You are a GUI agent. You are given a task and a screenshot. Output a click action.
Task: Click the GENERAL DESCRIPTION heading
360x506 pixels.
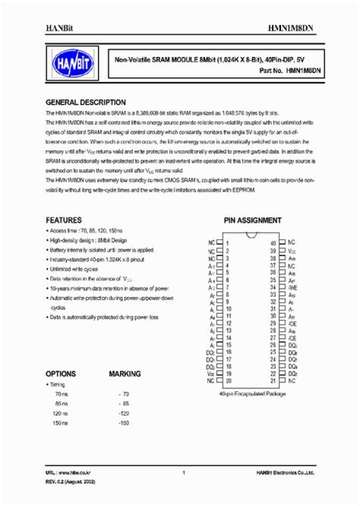85,102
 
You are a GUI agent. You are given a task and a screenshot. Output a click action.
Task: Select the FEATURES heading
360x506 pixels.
63,220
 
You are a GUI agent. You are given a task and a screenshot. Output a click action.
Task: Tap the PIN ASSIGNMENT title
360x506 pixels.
252,220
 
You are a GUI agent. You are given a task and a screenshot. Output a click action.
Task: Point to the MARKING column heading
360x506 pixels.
124,373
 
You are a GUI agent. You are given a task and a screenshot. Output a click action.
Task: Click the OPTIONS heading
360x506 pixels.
60,373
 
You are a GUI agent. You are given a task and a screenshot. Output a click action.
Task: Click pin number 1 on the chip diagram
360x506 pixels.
227,242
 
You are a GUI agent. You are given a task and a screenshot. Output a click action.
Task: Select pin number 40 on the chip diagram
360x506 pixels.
273,242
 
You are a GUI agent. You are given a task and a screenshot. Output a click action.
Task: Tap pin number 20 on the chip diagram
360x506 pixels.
228,380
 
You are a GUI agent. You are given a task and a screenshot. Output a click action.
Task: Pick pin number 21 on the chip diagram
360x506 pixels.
273,380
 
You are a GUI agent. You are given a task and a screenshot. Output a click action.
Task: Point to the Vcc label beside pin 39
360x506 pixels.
292,250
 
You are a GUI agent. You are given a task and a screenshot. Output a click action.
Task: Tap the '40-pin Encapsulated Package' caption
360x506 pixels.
252,394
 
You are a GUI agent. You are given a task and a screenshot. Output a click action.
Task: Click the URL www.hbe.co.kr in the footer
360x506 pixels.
67,472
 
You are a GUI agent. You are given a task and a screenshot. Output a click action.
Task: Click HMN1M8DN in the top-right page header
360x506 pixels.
294,29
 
